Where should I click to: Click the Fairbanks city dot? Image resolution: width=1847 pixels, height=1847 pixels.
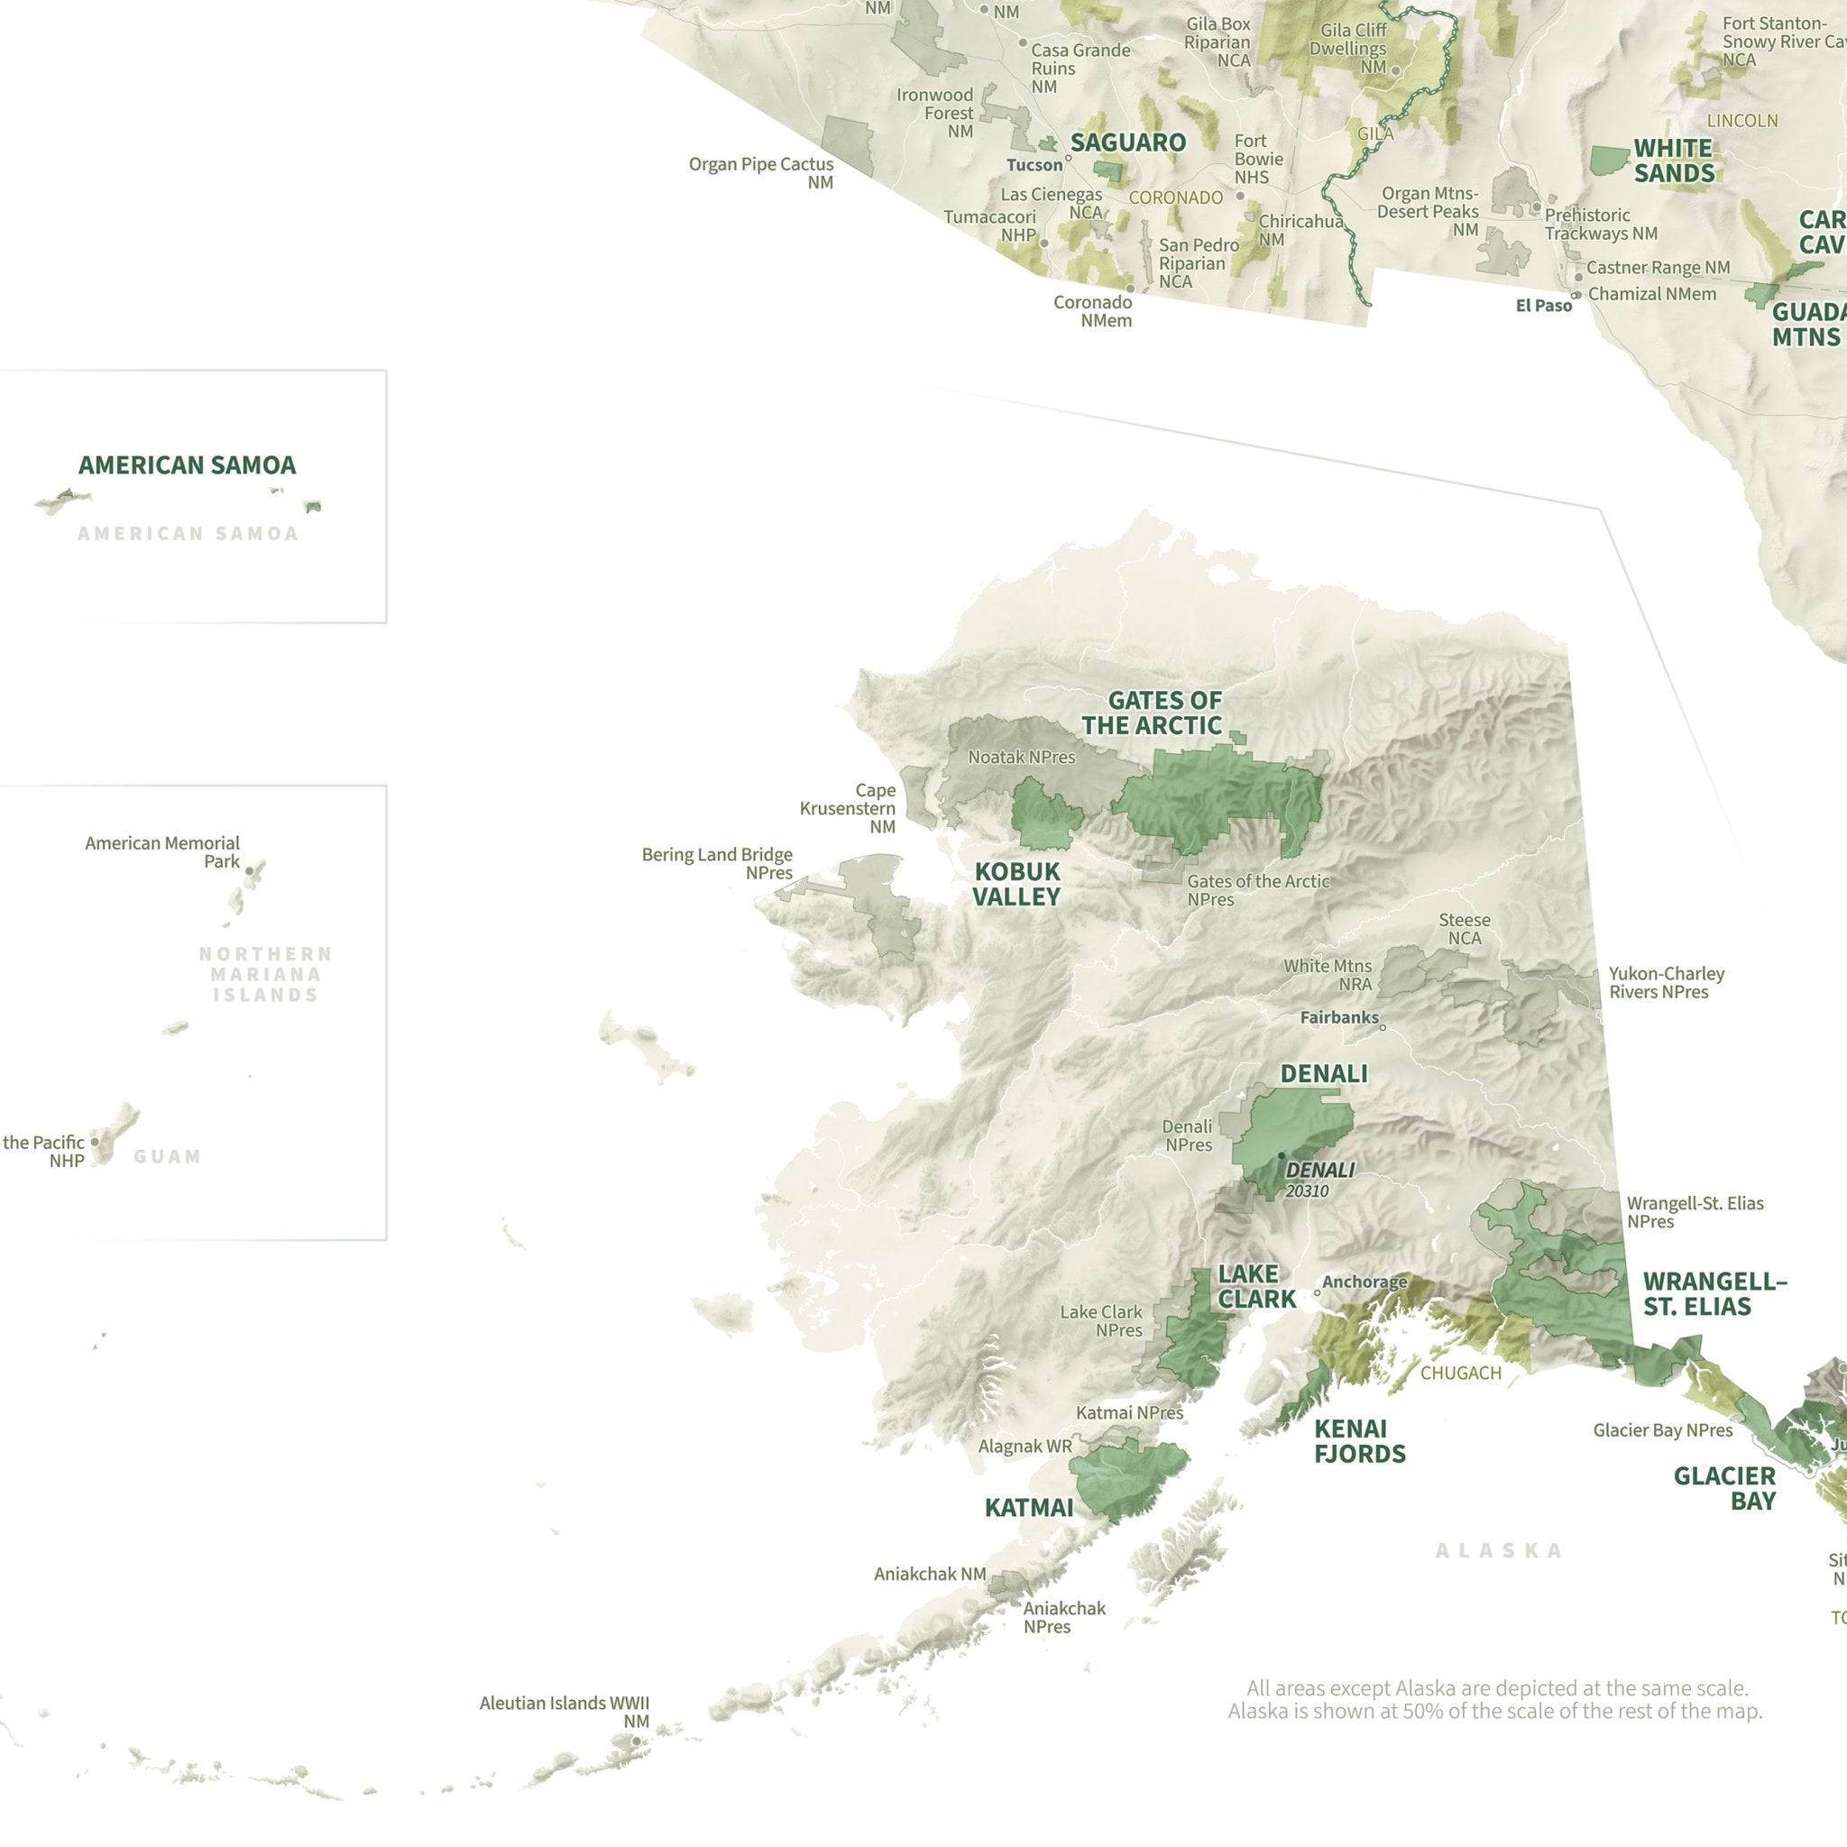(1383, 1028)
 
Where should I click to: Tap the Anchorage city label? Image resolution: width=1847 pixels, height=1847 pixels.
(1365, 1282)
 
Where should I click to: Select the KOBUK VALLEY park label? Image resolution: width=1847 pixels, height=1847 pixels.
(1016, 883)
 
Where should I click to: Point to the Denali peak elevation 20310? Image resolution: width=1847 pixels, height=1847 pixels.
(1307, 1191)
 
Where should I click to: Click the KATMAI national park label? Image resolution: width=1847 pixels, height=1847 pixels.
(1029, 1508)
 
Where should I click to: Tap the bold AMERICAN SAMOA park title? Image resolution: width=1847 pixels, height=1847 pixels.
(188, 465)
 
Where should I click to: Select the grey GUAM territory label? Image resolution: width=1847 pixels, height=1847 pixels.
(168, 1157)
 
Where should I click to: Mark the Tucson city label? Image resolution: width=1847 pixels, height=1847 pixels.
(1034, 165)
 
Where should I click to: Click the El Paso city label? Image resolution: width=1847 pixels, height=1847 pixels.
(1543, 306)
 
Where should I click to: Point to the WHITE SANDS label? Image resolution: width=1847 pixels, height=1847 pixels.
(1673, 161)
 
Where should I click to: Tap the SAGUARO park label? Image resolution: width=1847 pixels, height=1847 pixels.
(1128, 142)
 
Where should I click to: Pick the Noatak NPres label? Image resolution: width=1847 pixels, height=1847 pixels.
(1021, 758)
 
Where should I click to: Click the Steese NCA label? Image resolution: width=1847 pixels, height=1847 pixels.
(1465, 928)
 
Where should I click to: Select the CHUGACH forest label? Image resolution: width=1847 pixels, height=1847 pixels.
(1461, 1373)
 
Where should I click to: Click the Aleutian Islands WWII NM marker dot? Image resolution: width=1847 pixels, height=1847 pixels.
(636, 1741)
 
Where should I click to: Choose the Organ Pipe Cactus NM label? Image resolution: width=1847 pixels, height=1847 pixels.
(761, 173)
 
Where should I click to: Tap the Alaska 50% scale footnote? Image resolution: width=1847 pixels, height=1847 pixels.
(1495, 1700)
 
